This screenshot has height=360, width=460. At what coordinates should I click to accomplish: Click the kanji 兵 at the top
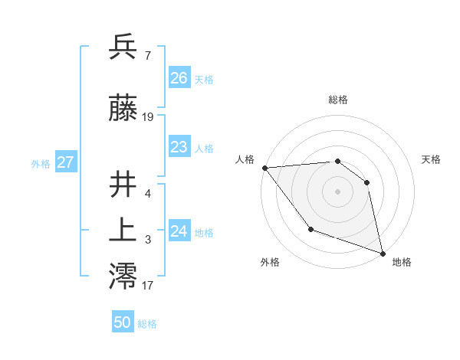pyautogui.click(x=123, y=47)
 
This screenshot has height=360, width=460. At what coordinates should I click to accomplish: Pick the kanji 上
pyautogui.click(x=123, y=231)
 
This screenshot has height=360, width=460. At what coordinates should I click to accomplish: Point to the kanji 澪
pyautogui.click(x=123, y=277)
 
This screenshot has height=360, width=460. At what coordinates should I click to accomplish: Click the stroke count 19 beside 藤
pyautogui.click(x=148, y=117)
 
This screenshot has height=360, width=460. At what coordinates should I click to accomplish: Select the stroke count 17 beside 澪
pyautogui.click(x=148, y=286)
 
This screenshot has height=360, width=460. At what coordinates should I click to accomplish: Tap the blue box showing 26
pyautogui.click(x=179, y=78)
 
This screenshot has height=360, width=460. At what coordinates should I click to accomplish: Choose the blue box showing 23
pyautogui.click(x=179, y=147)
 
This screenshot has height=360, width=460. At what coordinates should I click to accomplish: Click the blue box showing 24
pyautogui.click(x=179, y=231)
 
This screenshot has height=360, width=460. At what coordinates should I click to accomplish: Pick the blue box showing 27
pyautogui.click(x=65, y=162)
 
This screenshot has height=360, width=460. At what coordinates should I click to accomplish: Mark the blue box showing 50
pyautogui.click(x=123, y=322)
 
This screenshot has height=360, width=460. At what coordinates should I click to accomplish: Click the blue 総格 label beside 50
pyautogui.click(x=147, y=324)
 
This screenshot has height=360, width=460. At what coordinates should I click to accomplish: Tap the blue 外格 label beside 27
pyautogui.click(x=41, y=163)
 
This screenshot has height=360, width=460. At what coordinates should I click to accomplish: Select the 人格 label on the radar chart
pyautogui.click(x=245, y=159)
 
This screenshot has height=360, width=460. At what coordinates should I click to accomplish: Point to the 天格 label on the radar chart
pyautogui.click(x=431, y=159)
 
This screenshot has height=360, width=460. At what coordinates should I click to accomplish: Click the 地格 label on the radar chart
pyautogui.click(x=402, y=262)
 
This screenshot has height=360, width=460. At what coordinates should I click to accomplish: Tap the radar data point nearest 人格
pyautogui.click(x=264, y=168)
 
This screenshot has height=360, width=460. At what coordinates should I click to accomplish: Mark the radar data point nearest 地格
pyautogui.click(x=382, y=252)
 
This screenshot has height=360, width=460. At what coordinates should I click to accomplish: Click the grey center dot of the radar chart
pyautogui.click(x=337, y=191)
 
